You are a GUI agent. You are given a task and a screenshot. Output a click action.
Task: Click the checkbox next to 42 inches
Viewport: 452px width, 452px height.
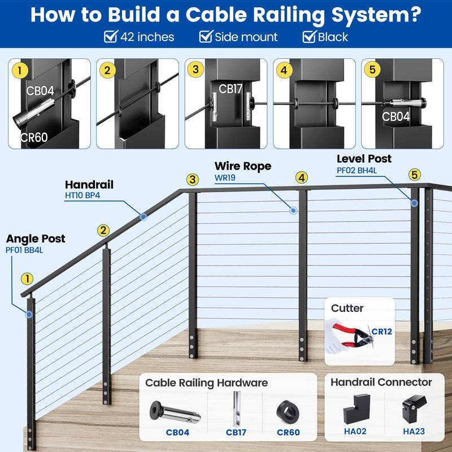(111, 37)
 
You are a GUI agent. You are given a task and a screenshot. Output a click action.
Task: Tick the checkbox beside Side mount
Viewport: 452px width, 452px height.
(206, 37)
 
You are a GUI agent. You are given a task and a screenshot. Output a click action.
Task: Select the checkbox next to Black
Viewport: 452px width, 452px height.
(309, 37)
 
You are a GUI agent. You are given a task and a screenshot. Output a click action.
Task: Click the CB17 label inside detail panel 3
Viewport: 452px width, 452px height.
(231, 89)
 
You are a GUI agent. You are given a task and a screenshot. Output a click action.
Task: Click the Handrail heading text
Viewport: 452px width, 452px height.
(89, 184)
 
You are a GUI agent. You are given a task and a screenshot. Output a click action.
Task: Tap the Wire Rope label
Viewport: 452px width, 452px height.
(243, 166)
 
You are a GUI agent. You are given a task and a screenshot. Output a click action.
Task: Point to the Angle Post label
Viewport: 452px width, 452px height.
(36, 238)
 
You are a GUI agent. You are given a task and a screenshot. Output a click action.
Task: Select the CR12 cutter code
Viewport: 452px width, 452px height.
(381, 331)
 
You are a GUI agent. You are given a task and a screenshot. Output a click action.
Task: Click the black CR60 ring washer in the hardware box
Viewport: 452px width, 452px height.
(288, 411)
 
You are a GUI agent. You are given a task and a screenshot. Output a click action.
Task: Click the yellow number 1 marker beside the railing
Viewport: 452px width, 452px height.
(27, 279)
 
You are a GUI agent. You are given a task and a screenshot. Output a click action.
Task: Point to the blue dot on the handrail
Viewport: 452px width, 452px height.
(144, 216)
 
